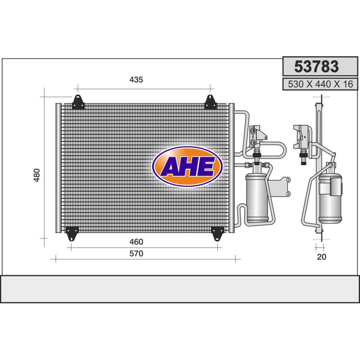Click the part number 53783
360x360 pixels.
pyautogui.click(x=316, y=66)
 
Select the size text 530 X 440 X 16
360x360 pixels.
pyautogui.click(x=320, y=84)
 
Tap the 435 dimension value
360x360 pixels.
pyautogui.click(x=136, y=80)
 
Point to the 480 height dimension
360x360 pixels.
pyautogui.click(x=37, y=175)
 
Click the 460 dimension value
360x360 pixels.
pyautogui.click(x=136, y=242)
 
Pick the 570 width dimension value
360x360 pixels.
pyautogui.click(x=136, y=253)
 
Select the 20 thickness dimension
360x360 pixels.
pyautogui.click(x=321, y=257)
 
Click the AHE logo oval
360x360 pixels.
pyautogui.click(x=187, y=166)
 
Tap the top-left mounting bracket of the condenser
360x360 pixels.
pyautogui.click(x=78, y=102)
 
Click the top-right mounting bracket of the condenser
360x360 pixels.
pyautogui.click(x=210, y=102)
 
